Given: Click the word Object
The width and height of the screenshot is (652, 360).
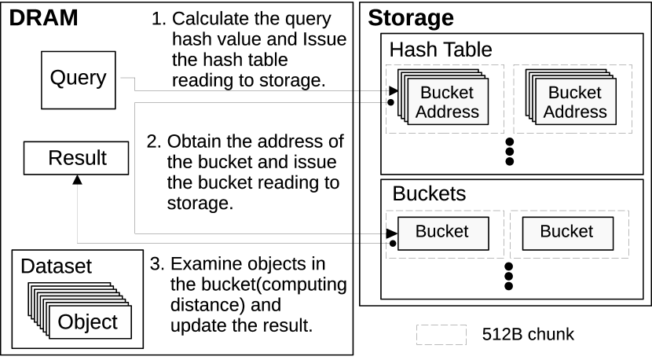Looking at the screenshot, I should click(x=88, y=322).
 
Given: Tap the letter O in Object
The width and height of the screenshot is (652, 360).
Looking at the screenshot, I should click(x=66, y=322).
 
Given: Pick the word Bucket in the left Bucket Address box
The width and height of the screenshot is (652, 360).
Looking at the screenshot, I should click(x=447, y=93).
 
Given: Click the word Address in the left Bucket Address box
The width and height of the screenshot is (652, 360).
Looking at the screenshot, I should click(x=447, y=112).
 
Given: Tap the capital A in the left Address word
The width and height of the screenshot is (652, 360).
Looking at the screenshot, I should click(x=422, y=112).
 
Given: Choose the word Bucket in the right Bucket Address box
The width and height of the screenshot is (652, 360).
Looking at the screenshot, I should click(x=575, y=93).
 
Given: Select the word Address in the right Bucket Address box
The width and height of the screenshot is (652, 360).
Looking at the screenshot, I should click(x=575, y=112).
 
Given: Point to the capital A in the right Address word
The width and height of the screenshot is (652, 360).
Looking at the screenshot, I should click(x=550, y=112).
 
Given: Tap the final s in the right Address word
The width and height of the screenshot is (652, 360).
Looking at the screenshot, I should click(x=603, y=112).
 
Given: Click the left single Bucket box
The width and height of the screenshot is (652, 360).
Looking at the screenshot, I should click(x=443, y=233).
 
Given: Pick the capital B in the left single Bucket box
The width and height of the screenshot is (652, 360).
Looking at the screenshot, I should click(x=421, y=232).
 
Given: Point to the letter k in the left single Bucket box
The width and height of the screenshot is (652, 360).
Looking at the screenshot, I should click(x=449, y=232).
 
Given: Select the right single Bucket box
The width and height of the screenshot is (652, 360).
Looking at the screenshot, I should click(x=567, y=233).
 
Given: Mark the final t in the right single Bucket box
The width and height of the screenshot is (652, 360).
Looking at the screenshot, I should click(x=590, y=232).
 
